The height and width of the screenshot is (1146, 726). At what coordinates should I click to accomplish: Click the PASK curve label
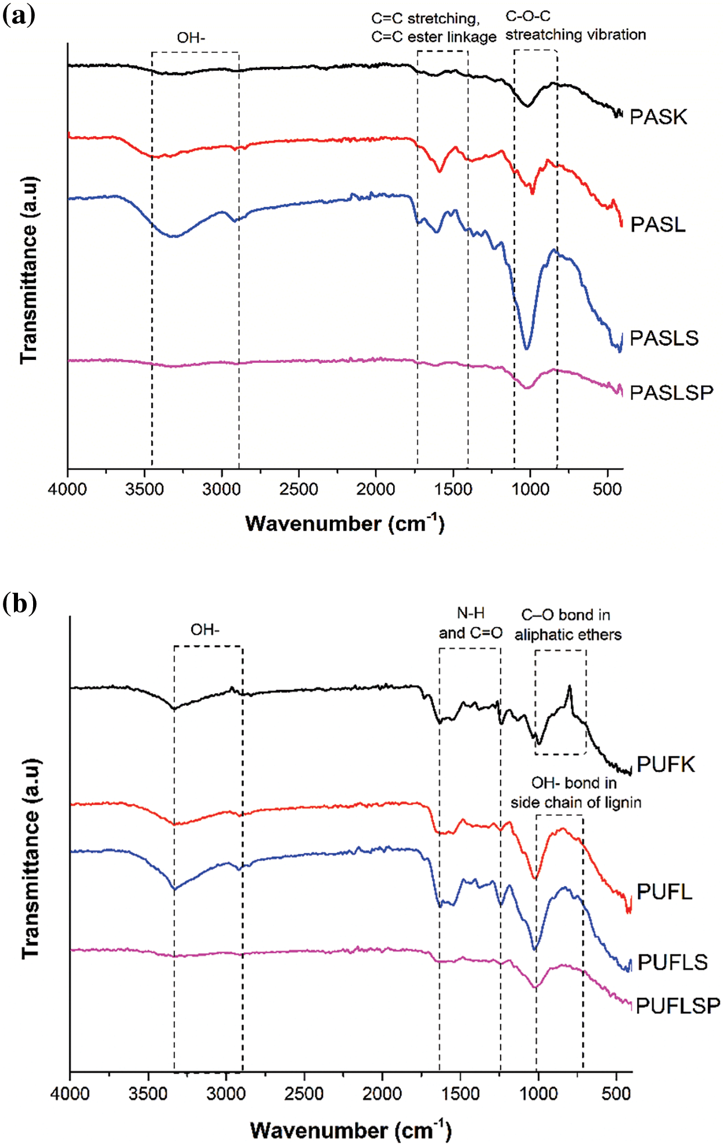[658, 117]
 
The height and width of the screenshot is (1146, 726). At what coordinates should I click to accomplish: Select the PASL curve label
[657, 224]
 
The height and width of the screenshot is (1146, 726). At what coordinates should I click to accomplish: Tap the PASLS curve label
[664, 338]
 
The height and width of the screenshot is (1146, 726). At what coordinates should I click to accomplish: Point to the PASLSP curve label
[671, 392]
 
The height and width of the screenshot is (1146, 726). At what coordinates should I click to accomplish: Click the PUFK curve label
[666, 764]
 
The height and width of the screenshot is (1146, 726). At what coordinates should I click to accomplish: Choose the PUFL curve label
[664, 892]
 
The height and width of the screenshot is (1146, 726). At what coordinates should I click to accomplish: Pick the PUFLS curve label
[673, 962]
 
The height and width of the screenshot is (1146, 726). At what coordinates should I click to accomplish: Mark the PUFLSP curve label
[678, 1005]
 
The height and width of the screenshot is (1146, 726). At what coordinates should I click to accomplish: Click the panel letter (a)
[19, 15]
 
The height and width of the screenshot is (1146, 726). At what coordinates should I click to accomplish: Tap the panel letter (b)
[19, 603]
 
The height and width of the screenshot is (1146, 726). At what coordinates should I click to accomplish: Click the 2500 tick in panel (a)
[299, 489]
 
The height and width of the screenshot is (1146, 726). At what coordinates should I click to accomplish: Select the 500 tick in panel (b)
[616, 1094]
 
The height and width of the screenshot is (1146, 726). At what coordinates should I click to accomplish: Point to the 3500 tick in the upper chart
[145, 489]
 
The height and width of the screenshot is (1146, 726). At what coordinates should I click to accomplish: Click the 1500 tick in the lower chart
[461, 1094]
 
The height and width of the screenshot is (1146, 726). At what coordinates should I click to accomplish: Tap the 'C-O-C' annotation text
[528, 16]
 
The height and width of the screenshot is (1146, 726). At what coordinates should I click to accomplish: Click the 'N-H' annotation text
[470, 613]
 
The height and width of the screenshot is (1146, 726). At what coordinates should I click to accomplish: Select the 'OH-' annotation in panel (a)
[191, 38]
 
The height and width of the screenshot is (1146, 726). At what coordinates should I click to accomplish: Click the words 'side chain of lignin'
[576, 802]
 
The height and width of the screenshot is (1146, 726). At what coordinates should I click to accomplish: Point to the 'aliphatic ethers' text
[568, 635]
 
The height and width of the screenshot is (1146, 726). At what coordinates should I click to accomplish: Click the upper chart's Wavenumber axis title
[344, 523]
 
